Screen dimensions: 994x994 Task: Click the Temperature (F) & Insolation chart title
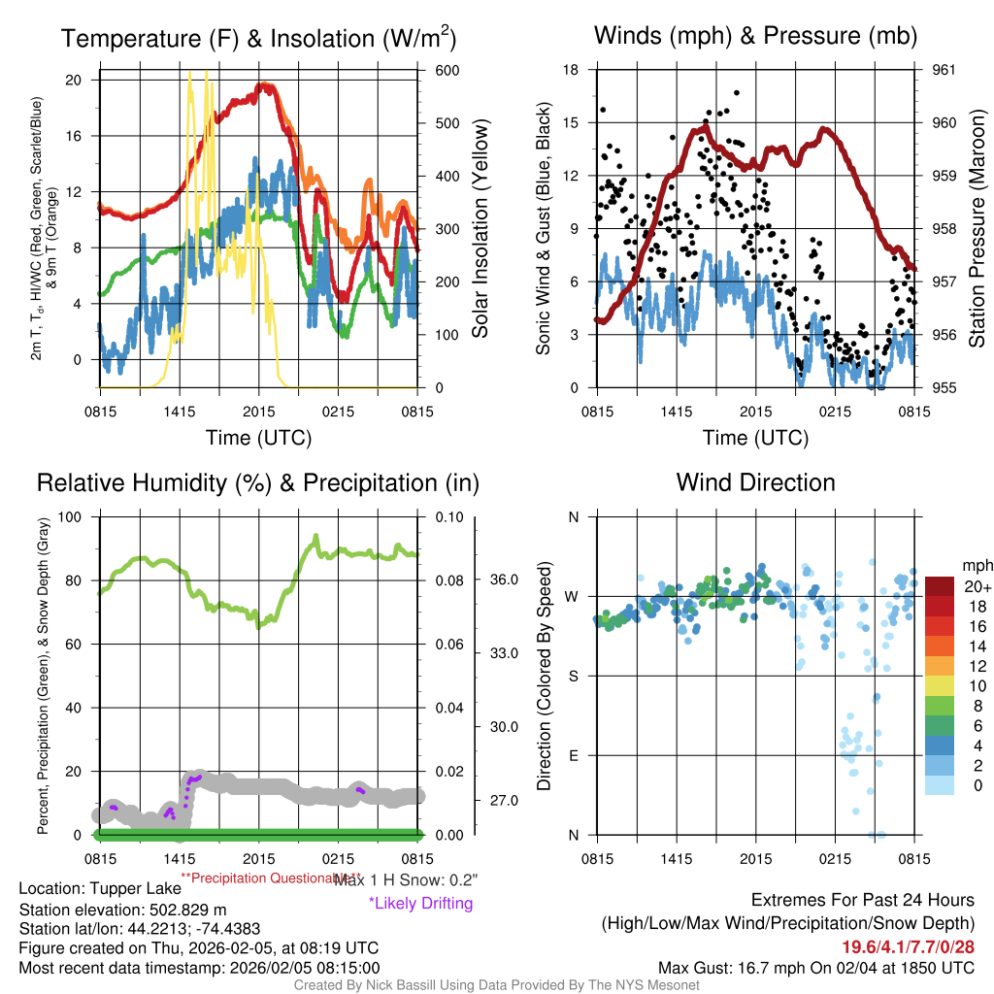(x=258, y=39)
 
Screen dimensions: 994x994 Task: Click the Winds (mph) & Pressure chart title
(x=755, y=36)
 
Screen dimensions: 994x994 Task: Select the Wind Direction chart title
(x=755, y=482)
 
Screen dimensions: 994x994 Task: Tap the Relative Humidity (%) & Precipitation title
(x=257, y=482)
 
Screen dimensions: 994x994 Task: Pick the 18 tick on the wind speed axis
(x=572, y=70)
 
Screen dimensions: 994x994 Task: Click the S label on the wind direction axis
(x=573, y=676)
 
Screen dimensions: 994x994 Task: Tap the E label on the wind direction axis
(x=573, y=755)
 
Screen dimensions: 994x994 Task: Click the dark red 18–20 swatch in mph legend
(x=941, y=604)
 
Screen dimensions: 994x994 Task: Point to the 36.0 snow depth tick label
(x=505, y=580)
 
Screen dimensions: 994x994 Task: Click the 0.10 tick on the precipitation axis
(x=447, y=516)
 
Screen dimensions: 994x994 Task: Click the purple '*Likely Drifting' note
(x=420, y=903)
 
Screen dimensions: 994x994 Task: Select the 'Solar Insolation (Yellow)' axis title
(x=480, y=229)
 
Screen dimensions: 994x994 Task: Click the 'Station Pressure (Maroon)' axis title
(x=977, y=229)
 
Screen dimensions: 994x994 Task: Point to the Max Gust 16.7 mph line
(x=815, y=967)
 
